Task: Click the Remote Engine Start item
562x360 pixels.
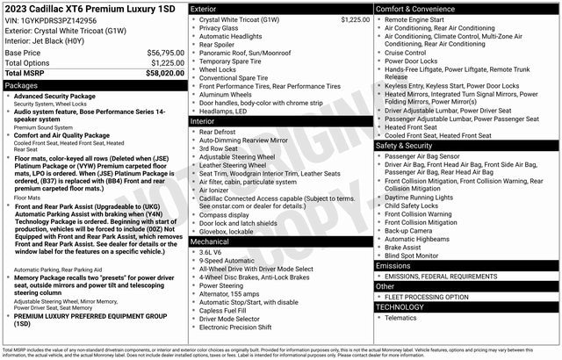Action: tap(420, 19)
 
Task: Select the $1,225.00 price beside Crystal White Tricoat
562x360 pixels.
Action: tap(349, 19)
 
